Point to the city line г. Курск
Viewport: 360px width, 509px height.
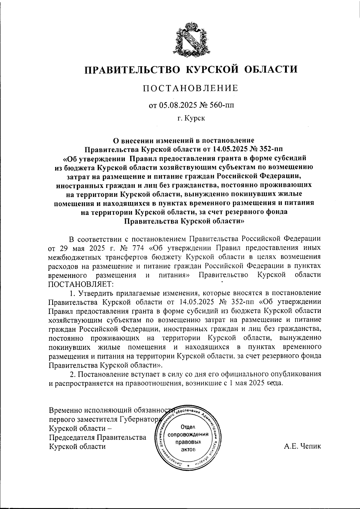(x=191, y=119)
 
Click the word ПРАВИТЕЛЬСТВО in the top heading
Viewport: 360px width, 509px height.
(x=132, y=70)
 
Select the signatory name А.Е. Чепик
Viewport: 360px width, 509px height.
(x=303, y=446)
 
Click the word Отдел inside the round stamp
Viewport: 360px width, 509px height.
(x=188, y=427)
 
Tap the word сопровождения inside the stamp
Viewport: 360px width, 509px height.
(x=188, y=434)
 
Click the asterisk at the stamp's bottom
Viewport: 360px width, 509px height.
(x=188, y=466)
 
